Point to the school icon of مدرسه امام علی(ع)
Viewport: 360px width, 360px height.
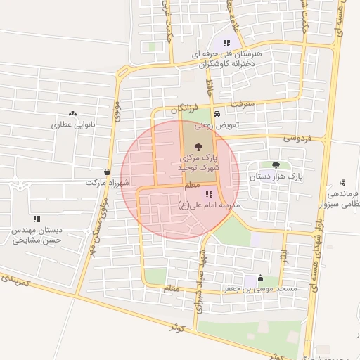point(208,194)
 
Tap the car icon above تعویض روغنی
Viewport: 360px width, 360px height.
point(217,113)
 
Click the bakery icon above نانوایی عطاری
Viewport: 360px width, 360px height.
point(72,112)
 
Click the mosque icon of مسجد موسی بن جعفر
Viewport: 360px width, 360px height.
point(261,277)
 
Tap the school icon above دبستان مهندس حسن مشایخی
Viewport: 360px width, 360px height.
point(37,219)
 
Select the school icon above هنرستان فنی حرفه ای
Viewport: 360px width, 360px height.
point(226,43)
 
